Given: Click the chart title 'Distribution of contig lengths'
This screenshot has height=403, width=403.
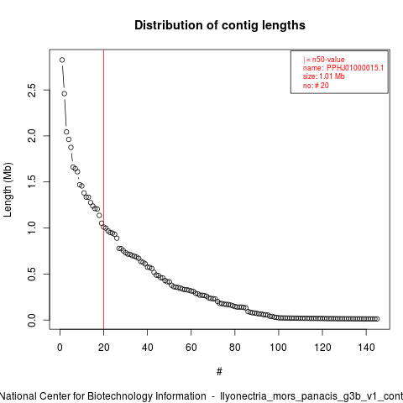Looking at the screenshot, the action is [220, 25].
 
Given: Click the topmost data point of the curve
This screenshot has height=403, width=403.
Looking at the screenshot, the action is [62, 60].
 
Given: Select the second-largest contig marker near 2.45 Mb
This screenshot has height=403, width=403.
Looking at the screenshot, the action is [65, 93].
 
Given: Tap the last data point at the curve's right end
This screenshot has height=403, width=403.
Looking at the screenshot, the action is [377, 319].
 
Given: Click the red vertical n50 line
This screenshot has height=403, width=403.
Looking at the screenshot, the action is [104, 189].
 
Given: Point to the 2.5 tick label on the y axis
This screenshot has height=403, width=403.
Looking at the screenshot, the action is [32, 90].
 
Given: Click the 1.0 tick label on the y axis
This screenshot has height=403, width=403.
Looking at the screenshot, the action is [32, 228].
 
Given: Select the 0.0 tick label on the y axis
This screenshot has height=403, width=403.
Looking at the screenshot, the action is [32, 320].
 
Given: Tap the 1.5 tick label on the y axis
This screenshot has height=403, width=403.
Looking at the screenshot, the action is [32, 182].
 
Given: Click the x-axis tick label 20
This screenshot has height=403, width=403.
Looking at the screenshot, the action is [103, 348].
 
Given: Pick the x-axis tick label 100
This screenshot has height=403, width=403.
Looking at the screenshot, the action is [279, 348].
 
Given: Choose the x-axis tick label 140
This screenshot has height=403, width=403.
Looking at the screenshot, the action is [366, 348].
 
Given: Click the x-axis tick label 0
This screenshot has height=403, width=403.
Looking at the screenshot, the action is [60, 348].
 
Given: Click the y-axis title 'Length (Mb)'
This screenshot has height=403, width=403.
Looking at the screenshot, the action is [8, 190].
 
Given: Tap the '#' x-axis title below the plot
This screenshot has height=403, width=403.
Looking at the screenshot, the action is [219, 372].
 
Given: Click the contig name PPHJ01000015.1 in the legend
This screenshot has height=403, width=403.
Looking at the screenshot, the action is [355, 68].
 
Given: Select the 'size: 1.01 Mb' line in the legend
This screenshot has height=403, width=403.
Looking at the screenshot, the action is [324, 76].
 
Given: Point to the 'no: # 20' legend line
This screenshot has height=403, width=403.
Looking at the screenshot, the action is [316, 86].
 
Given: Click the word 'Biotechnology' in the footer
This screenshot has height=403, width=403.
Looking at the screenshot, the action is [120, 396].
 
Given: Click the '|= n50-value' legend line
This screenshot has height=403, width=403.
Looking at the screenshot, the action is [323, 60].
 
